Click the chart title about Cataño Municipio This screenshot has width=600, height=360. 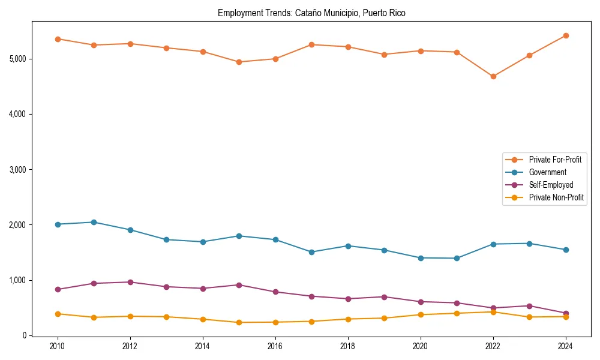coord(311,13)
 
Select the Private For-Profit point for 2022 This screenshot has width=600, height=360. coord(493,76)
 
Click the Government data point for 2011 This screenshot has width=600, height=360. coord(94,222)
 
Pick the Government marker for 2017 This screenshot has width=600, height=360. coord(311,252)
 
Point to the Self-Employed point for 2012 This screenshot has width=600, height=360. coord(130,282)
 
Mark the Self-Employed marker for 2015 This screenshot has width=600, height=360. coord(239,285)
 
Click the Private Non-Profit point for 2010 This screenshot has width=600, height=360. coord(58,314)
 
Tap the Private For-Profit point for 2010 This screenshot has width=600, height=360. coord(58,39)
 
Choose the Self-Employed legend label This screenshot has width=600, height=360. coord(551,185)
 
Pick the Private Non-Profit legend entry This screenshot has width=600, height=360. coord(556,197)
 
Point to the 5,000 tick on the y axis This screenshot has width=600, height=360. coord(18,59)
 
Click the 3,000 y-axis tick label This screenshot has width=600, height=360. coord(18,170)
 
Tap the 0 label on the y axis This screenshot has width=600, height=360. coord(25,335)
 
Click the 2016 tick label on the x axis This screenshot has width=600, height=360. coord(275,346)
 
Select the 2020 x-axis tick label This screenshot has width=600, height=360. coord(421,346)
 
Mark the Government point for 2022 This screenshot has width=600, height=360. coord(493,244)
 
